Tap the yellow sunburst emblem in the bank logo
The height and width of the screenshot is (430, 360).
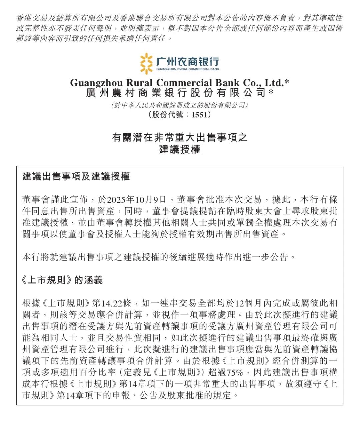coord(146,63)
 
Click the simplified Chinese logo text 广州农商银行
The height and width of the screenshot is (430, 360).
coord(188,61)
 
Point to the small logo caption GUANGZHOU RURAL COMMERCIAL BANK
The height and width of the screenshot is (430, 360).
coord(188,69)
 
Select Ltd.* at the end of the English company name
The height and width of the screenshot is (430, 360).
coord(277,83)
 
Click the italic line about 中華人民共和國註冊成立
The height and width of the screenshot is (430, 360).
coord(180,105)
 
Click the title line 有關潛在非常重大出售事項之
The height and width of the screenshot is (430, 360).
coord(180,137)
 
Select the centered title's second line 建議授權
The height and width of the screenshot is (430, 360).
coord(180,149)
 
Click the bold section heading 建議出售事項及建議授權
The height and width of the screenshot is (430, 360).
coord(76,176)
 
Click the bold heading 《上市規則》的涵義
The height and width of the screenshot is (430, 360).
coord(62,280)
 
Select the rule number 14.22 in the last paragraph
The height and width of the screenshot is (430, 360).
coord(112,303)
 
